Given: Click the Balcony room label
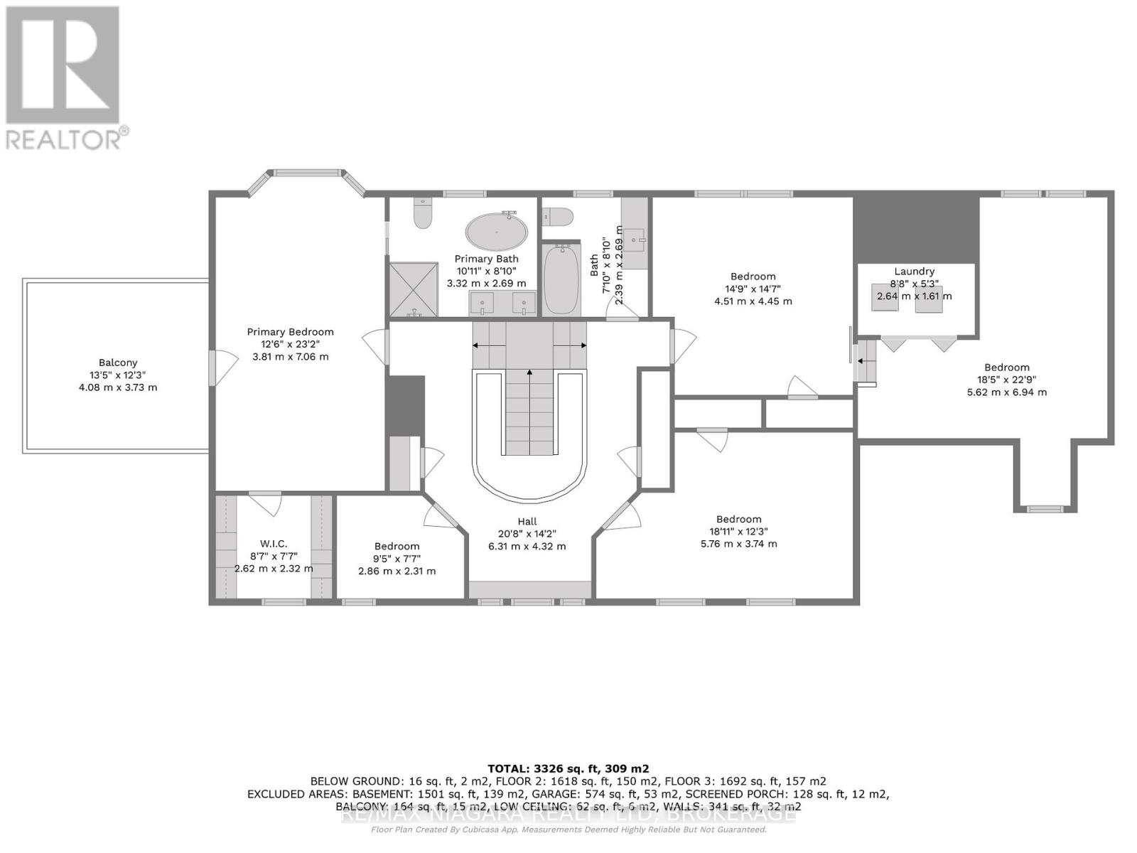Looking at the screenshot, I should tap(118, 363).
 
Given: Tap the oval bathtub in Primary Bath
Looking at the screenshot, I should tap(497, 231).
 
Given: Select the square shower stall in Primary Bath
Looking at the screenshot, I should tap(413, 289).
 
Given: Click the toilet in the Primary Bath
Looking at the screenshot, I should tap(423, 213).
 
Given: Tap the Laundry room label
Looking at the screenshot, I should tap(914, 271).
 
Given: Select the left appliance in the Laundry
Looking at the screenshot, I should tap(885, 297).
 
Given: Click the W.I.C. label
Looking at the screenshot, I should tap(274, 544).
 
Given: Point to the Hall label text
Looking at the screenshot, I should tap(527, 521).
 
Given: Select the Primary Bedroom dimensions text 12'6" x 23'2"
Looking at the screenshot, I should tap(290, 344).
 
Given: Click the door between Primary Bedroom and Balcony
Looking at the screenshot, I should tap(213, 368).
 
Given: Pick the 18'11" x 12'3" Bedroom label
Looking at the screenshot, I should tap(738, 520).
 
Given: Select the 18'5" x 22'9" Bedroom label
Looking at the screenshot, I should tap(1006, 368).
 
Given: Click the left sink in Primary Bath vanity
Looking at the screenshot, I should tap(483, 305).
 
